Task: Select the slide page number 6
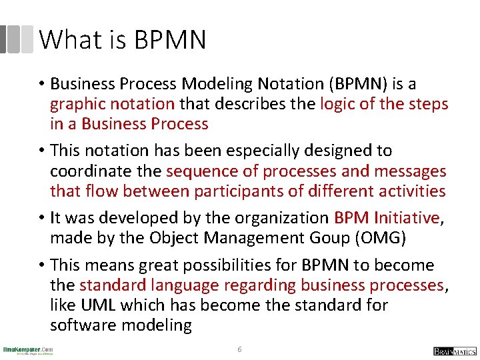[240, 349]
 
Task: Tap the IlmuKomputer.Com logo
[28, 351]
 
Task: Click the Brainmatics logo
[454, 351]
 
